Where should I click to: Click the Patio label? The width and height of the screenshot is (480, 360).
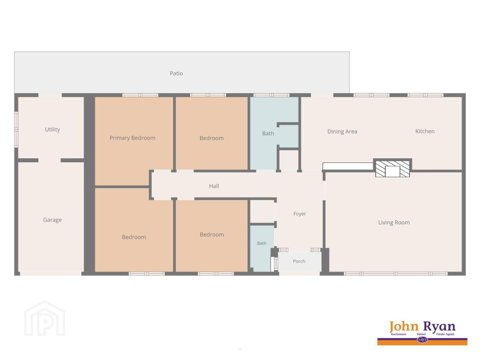pyautogui.click(x=176, y=73)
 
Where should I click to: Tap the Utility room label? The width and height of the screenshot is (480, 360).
pyautogui.click(x=52, y=129)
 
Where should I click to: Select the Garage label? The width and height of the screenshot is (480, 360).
pyautogui.click(x=52, y=220)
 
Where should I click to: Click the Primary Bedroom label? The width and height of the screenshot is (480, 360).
pyautogui.click(x=132, y=138)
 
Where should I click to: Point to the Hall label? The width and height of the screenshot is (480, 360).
pyautogui.click(x=214, y=186)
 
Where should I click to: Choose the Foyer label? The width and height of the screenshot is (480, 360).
pyautogui.click(x=300, y=214)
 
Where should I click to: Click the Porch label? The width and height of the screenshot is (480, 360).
pyautogui.click(x=299, y=261)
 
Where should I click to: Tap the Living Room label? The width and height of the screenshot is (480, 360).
pyautogui.click(x=394, y=223)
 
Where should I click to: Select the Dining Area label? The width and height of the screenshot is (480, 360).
pyautogui.click(x=342, y=132)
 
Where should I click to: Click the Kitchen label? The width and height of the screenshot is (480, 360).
pyautogui.click(x=425, y=131)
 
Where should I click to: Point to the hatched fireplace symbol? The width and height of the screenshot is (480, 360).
pyautogui.click(x=393, y=169)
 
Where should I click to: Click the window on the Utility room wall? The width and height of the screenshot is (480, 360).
pyautogui.click(x=16, y=129)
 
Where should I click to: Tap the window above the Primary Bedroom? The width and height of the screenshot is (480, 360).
pyautogui.click(x=140, y=95)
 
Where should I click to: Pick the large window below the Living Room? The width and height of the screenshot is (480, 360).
pyautogui.click(x=396, y=274)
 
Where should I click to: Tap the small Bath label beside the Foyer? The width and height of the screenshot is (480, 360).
pyautogui.click(x=262, y=243)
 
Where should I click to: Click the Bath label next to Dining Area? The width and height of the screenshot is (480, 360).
pyautogui.click(x=268, y=133)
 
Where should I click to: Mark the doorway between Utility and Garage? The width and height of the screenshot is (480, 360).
pyautogui.click(x=50, y=160)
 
